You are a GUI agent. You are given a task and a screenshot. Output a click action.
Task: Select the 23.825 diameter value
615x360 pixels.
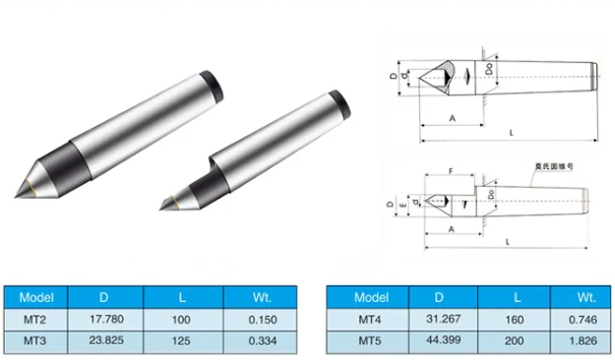click(x=104, y=341)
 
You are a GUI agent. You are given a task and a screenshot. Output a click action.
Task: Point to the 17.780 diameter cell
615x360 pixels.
click(x=104, y=320)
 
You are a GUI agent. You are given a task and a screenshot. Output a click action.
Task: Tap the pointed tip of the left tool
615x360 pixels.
click(x=23, y=193)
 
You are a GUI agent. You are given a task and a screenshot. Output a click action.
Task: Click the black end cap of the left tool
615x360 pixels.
click(x=208, y=81)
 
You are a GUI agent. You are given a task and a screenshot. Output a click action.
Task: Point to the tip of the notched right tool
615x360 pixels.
click(x=163, y=205)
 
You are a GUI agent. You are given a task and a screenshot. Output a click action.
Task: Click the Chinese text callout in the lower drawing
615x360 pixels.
click(x=539, y=167)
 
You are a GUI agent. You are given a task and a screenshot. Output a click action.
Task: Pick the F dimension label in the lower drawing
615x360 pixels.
click(x=451, y=172)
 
